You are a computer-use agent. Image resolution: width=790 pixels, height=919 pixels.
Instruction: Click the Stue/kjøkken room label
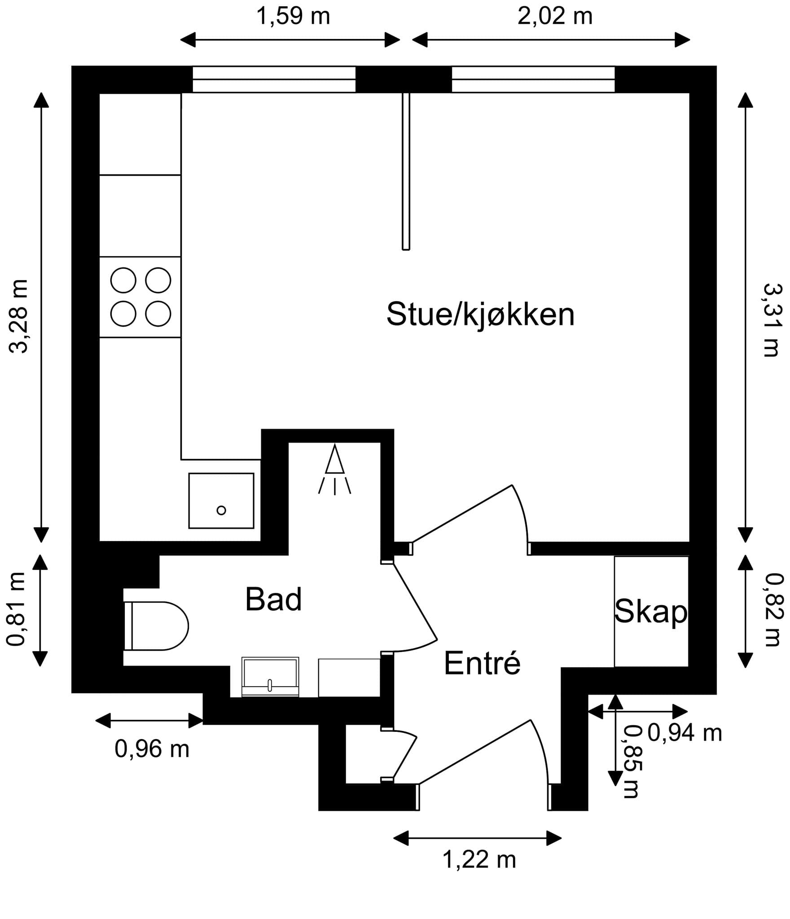tap(480, 315)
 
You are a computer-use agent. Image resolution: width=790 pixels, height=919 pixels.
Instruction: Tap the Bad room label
tap(273, 600)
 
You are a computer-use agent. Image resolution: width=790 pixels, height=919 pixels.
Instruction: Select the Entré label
tap(482, 663)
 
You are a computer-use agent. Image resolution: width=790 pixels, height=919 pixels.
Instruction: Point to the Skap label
tap(650, 611)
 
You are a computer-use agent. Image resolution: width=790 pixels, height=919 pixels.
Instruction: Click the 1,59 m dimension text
tap(293, 16)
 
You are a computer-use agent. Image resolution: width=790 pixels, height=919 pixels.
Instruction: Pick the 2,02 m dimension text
tap(555, 16)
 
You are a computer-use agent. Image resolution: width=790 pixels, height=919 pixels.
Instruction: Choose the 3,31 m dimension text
tap(771, 319)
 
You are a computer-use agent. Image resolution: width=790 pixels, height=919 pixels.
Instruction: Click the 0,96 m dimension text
tap(152, 749)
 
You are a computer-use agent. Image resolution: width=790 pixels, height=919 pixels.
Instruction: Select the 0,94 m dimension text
tap(685, 733)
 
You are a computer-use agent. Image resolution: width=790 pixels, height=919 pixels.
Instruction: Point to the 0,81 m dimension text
tap(16, 609)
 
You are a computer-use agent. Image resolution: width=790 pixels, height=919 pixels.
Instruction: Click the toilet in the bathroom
tap(157, 626)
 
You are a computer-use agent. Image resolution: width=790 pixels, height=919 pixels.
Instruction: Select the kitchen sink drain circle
tap(221, 510)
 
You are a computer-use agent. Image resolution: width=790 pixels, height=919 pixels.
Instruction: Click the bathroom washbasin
tap(270, 677)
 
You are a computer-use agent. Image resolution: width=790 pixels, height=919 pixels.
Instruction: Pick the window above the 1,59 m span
tap(274, 79)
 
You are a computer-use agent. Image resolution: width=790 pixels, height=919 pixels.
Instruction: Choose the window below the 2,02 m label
tap(533, 79)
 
